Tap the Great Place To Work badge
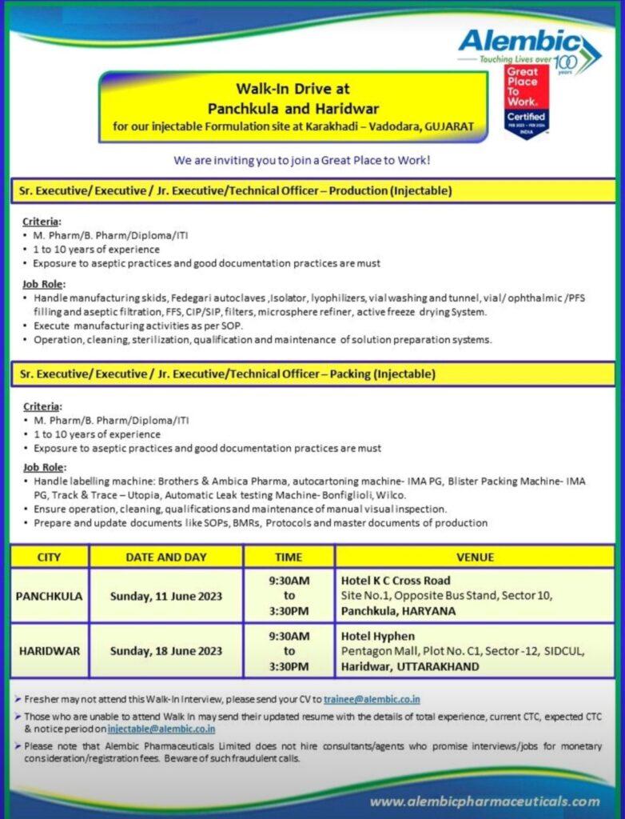point(525,100)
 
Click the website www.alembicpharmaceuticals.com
point(485,801)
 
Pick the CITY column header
point(50,557)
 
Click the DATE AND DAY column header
point(166,557)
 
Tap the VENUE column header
point(475,557)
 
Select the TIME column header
point(289,557)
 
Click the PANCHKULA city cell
point(50,596)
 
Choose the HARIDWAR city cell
point(50,651)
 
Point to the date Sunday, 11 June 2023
point(166,596)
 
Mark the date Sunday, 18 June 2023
point(166,651)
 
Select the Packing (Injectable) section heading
point(228,374)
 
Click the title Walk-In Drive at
point(293,90)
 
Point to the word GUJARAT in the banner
point(448,126)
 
